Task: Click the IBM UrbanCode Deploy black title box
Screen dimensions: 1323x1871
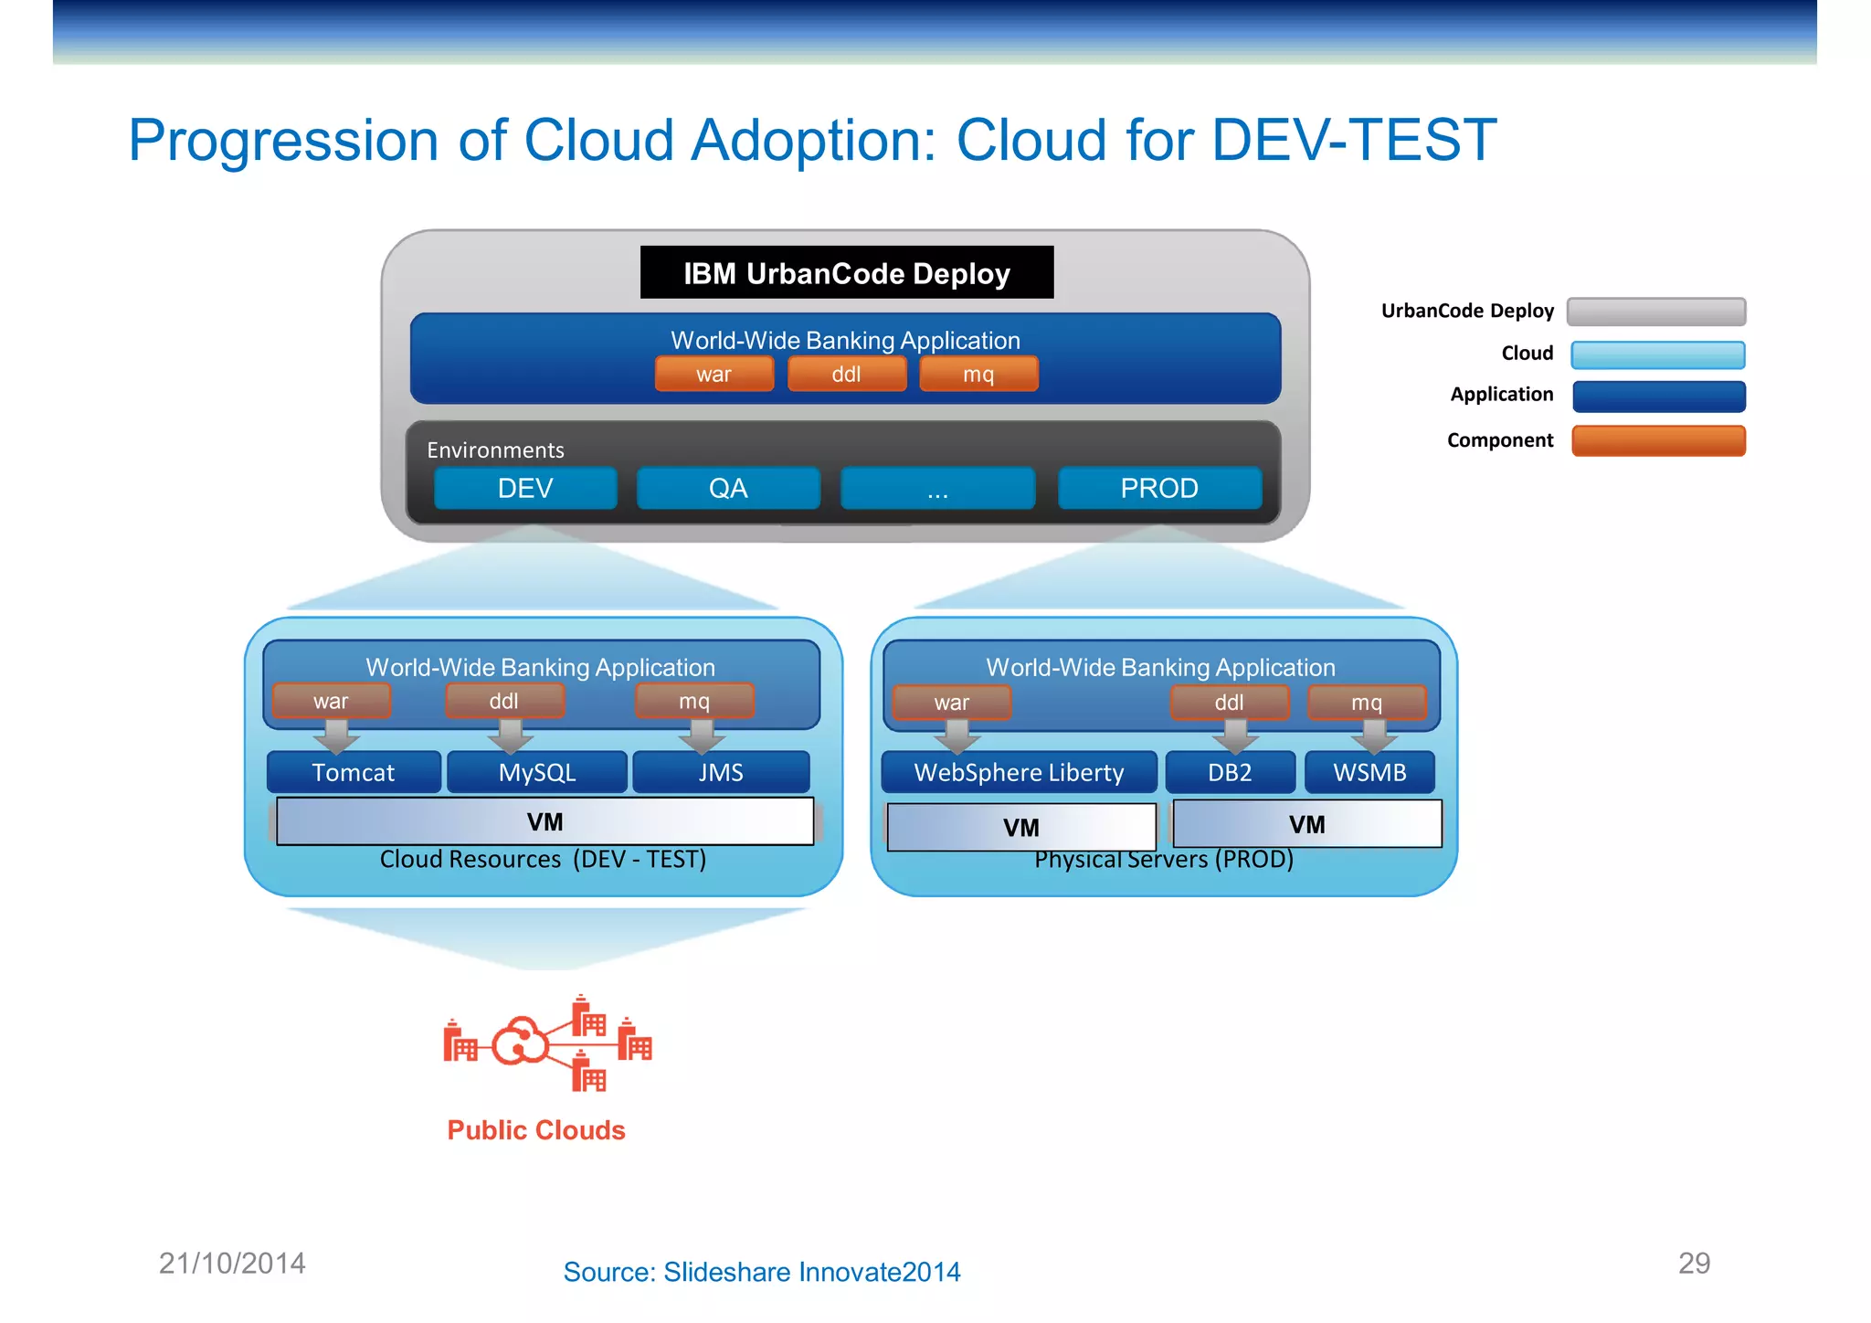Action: tap(846, 272)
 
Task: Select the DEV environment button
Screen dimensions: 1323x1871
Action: tap(525, 488)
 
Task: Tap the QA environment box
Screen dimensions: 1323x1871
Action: tap(728, 488)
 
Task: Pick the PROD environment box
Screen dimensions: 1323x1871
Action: tap(1159, 488)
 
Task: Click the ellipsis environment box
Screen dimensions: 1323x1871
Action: tap(937, 488)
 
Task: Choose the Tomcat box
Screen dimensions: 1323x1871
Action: tap(354, 772)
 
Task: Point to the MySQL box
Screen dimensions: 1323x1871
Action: tap(537, 772)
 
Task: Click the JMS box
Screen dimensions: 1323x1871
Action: tap(721, 772)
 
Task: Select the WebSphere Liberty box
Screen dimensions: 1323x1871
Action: tap(1019, 772)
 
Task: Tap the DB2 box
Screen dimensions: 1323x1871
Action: tap(1230, 772)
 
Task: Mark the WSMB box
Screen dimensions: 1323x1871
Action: tap(1369, 772)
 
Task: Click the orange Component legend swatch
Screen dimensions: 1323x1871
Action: tap(1658, 440)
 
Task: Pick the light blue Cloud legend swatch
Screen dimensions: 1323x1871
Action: tap(1658, 355)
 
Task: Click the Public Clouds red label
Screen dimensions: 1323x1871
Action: tap(536, 1130)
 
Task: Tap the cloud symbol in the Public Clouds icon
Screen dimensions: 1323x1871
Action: tap(520, 1042)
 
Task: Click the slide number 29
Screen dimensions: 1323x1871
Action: tap(1694, 1263)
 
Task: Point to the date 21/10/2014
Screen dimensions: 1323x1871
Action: tap(232, 1263)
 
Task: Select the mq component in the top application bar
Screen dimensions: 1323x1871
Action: tap(978, 374)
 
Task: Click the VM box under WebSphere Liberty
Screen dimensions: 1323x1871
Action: tap(1021, 827)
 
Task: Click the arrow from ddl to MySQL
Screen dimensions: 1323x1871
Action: tap(510, 735)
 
